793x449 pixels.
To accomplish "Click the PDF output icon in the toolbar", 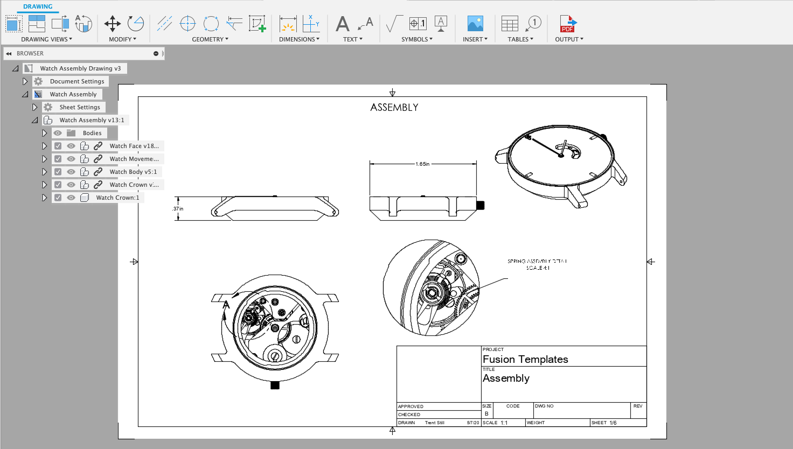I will [x=568, y=24].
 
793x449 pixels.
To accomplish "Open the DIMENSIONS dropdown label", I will [x=299, y=39].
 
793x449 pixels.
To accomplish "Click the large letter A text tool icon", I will [x=343, y=24].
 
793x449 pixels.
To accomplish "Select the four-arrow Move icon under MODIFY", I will [x=113, y=24].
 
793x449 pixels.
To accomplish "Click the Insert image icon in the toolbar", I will [x=475, y=24].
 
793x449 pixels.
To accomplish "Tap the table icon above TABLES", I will [x=510, y=24].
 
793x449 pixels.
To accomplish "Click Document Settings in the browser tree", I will [x=77, y=81].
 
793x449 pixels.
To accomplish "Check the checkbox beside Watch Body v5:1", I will [x=58, y=172].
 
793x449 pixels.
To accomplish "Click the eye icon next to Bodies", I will [x=58, y=133].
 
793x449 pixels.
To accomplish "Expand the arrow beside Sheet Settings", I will [x=35, y=107].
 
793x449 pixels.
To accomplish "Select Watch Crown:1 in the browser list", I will [x=117, y=198].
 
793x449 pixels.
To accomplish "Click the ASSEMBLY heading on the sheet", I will [x=394, y=108].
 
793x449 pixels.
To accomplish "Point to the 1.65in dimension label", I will [x=422, y=164].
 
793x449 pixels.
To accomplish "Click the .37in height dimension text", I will [x=178, y=209].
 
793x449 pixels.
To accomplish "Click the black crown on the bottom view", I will [x=275, y=385].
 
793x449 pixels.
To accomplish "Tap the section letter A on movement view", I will [x=226, y=305].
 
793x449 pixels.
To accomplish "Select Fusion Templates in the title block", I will [x=525, y=359].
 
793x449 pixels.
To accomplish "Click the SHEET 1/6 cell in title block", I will [x=604, y=423].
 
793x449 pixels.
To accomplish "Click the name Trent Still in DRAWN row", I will [x=434, y=423].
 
